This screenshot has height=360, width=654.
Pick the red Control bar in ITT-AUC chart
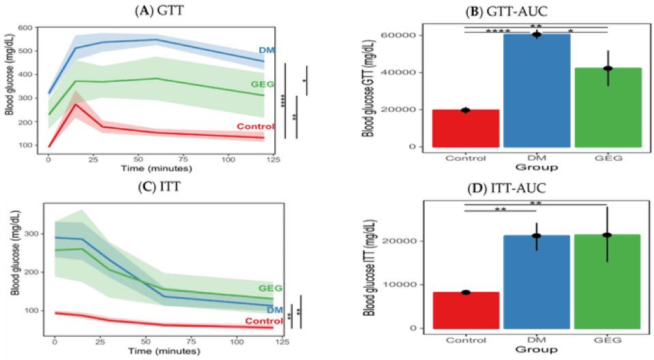pos(465,310)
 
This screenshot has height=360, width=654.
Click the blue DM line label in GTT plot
pos(266,50)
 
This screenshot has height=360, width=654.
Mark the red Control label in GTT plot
pos(255,126)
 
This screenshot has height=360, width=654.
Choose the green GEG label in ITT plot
pos(269,288)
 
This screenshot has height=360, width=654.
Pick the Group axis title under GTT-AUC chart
pos(537,166)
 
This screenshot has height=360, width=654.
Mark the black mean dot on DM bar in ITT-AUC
pos(537,236)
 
